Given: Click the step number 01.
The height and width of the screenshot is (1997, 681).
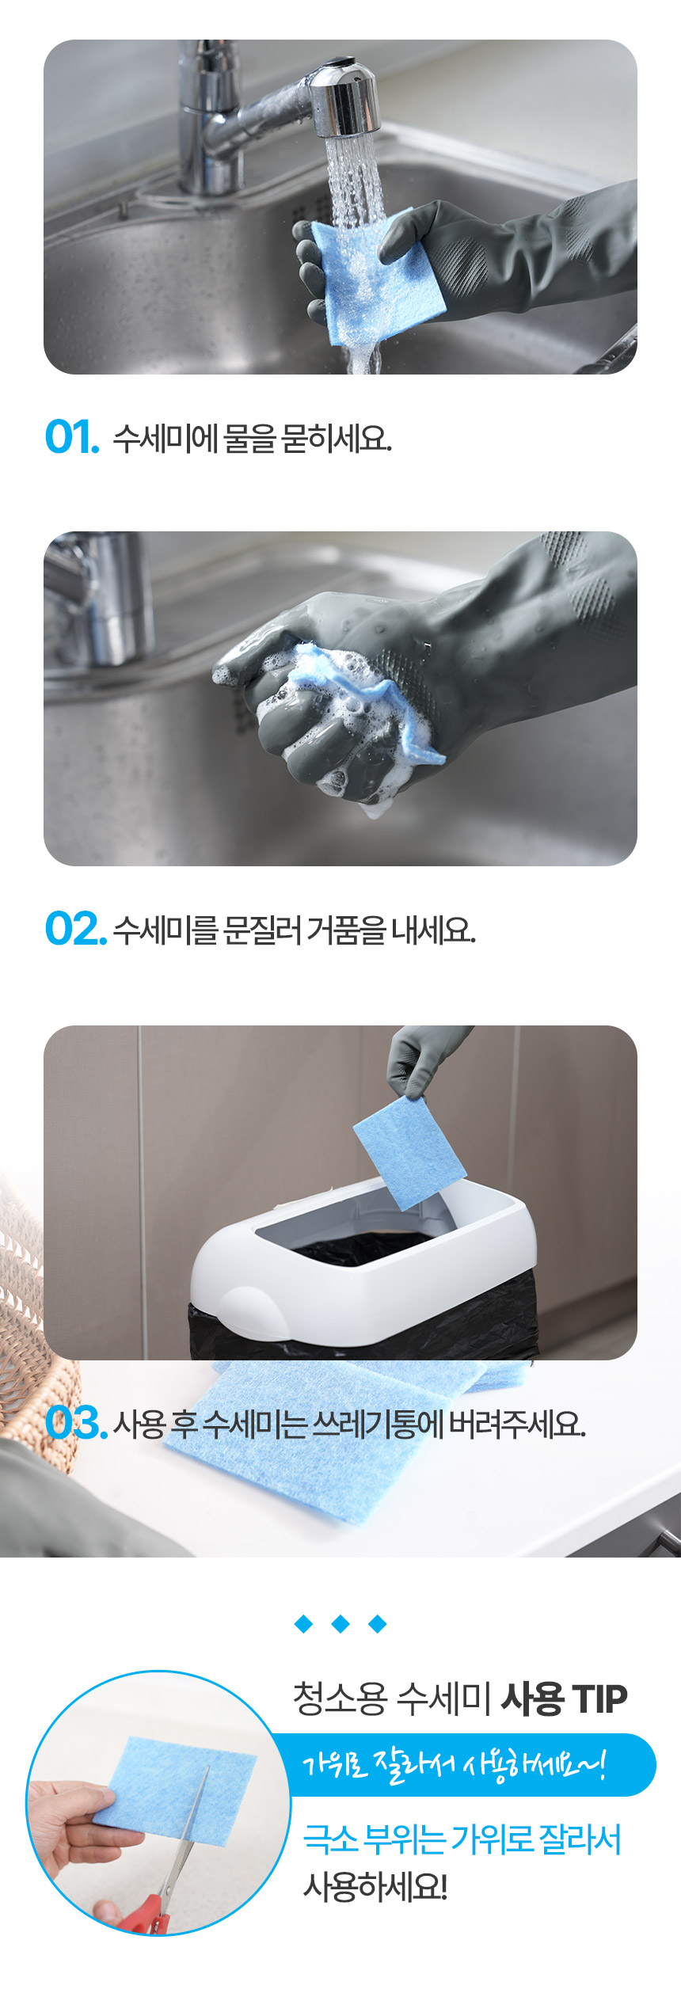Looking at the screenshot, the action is click(x=72, y=437).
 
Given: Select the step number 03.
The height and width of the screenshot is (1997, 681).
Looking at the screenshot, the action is click(x=76, y=1422).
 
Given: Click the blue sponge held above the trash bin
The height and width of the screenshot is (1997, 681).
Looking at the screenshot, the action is click(x=409, y=1153).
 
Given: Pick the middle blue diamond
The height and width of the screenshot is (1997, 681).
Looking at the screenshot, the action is click(x=340, y=1625).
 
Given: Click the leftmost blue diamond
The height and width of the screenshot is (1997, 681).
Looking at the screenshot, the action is click(x=303, y=1625).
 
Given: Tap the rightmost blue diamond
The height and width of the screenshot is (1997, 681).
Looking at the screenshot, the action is click(x=378, y=1625).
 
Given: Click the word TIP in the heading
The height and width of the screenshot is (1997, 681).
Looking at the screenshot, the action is click(x=599, y=1698).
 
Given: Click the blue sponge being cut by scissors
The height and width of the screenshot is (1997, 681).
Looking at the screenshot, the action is click(x=178, y=1788).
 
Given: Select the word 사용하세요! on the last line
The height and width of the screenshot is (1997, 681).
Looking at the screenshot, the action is click(x=375, y=1888).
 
